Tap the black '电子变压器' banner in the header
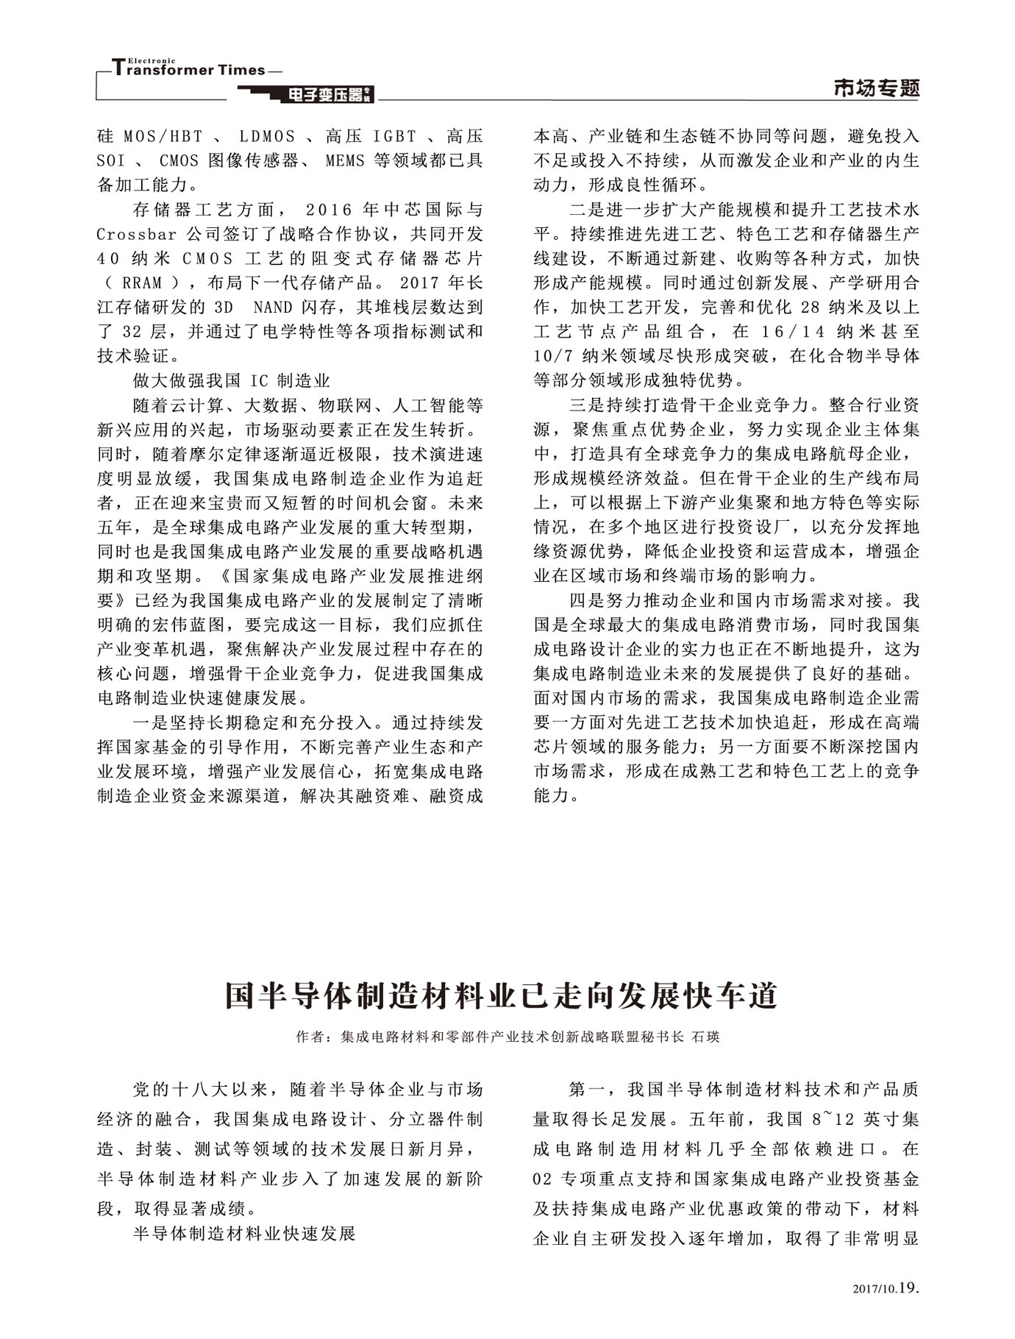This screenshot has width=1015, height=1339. (305, 94)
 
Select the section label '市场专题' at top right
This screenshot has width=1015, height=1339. (876, 88)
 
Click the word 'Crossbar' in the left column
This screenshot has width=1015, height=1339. (137, 235)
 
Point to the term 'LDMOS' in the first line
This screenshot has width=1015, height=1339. (267, 137)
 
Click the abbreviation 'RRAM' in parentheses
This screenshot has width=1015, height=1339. (142, 283)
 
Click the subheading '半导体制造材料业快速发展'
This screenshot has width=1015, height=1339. (244, 1234)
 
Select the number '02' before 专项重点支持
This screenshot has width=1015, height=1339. (542, 1179)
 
